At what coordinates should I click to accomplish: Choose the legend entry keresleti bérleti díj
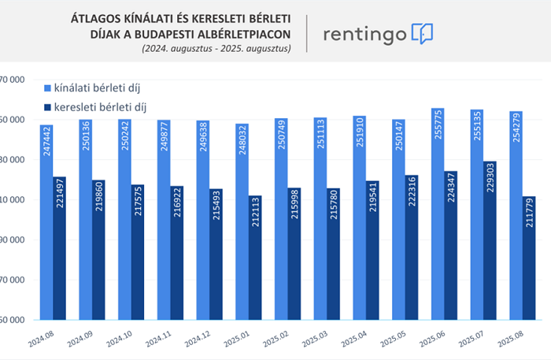pos(94,106)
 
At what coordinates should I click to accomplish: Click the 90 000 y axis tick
pos(13,239)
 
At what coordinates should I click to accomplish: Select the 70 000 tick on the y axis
pos(13,280)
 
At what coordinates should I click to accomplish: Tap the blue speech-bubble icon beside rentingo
pos(423,34)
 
